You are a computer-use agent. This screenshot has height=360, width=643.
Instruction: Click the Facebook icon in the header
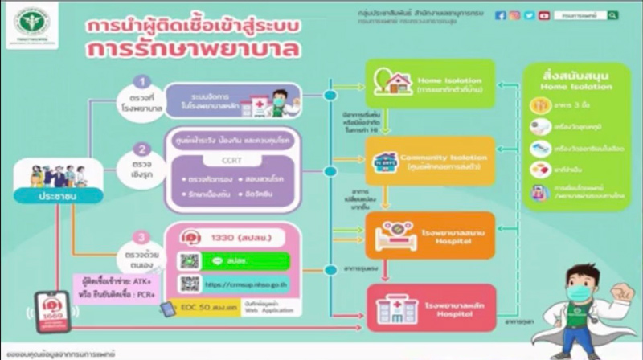tap(501, 15)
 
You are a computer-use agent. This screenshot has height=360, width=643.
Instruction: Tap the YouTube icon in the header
tap(544, 15)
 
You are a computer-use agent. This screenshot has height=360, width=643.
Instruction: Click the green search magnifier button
tap(613, 15)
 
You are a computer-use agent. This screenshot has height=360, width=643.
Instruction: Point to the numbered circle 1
tap(142, 81)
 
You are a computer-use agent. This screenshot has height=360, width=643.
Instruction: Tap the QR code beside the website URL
tap(190, 284)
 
